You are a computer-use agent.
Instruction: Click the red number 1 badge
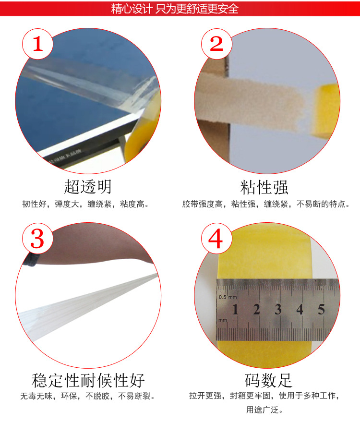click(x=37, y=44)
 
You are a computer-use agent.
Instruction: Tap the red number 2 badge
click(x=217, y=44)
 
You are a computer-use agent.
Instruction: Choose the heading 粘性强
click(x=264, y=187)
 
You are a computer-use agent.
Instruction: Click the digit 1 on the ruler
click(x=235, y=309)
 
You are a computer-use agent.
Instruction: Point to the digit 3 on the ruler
click(x=278, y=309)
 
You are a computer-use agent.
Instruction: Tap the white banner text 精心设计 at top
click(x=131, y=9)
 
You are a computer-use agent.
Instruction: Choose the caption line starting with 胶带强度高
click(x=265, y=204)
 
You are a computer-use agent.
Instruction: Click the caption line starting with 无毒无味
click(x=87, y=397)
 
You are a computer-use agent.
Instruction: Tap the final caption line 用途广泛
click(x=264, y=410)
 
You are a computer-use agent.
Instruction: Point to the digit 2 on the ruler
click(x=256, y=309)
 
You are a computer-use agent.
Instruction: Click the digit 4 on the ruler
click(x=300, y=309)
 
